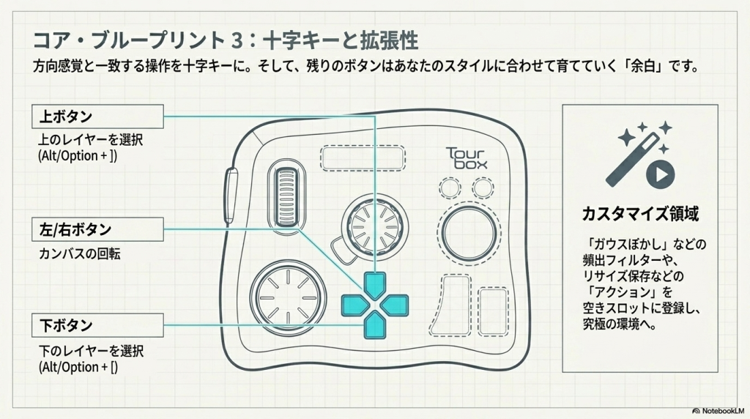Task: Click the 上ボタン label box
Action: point(97,116)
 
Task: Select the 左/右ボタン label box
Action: point(97,229)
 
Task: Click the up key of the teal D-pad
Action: point(375,282)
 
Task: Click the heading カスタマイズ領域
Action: point(639,215)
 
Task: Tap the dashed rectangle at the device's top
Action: point(363,157)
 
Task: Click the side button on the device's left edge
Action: point(231,193)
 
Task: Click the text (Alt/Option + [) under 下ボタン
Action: point(77,366)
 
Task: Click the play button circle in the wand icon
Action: point(661,175)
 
